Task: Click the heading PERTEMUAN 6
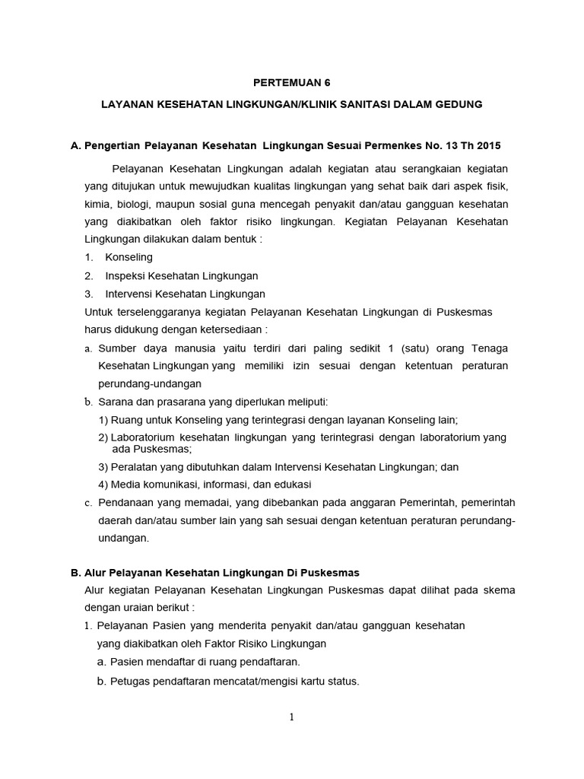tap(292, 82)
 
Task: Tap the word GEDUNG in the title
tap(458, 103)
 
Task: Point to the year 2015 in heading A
tap(487, 145)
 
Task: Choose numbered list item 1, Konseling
tap(129, 257)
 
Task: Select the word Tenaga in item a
tap(490, 348)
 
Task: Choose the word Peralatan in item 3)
tap(134, 466)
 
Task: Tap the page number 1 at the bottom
tap(291, 717)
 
